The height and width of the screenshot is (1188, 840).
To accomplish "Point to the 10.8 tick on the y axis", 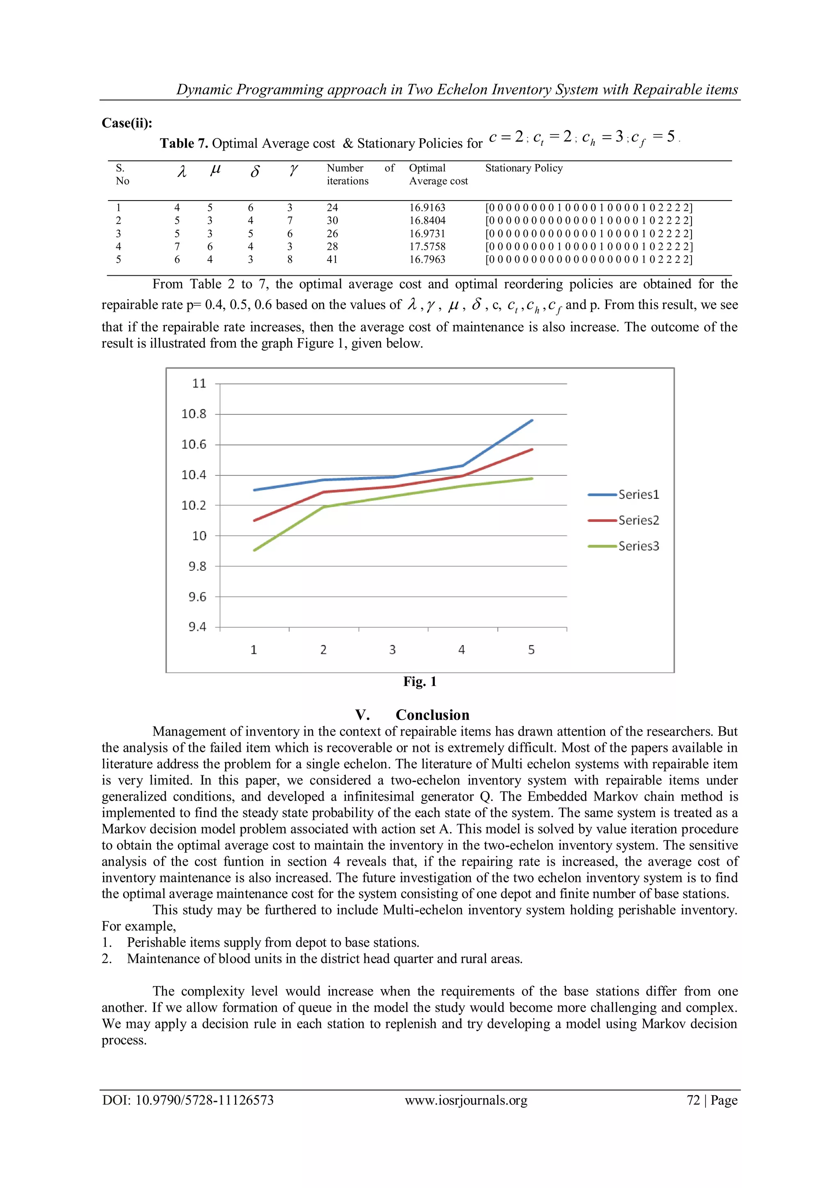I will click(194, 414).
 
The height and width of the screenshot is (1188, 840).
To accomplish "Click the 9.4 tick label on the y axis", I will click(197, 627).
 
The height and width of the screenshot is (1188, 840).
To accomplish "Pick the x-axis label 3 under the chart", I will click(393, 650).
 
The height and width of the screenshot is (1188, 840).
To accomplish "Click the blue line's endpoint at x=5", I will click(532, 420).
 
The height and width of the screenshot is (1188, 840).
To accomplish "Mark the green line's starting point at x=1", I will click(254, 550).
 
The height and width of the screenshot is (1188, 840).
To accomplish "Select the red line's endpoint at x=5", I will click(532, 449).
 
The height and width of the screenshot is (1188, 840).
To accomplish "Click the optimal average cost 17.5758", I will click(427, 247).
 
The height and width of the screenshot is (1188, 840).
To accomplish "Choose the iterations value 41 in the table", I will click(332, 260).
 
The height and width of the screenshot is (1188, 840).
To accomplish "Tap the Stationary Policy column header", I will click(523, 168).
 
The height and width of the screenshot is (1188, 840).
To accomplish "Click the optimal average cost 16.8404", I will click(427, 220).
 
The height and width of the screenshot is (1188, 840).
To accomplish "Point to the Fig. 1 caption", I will click(420, 681).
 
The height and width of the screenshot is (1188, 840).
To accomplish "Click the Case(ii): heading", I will click(127, 123).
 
